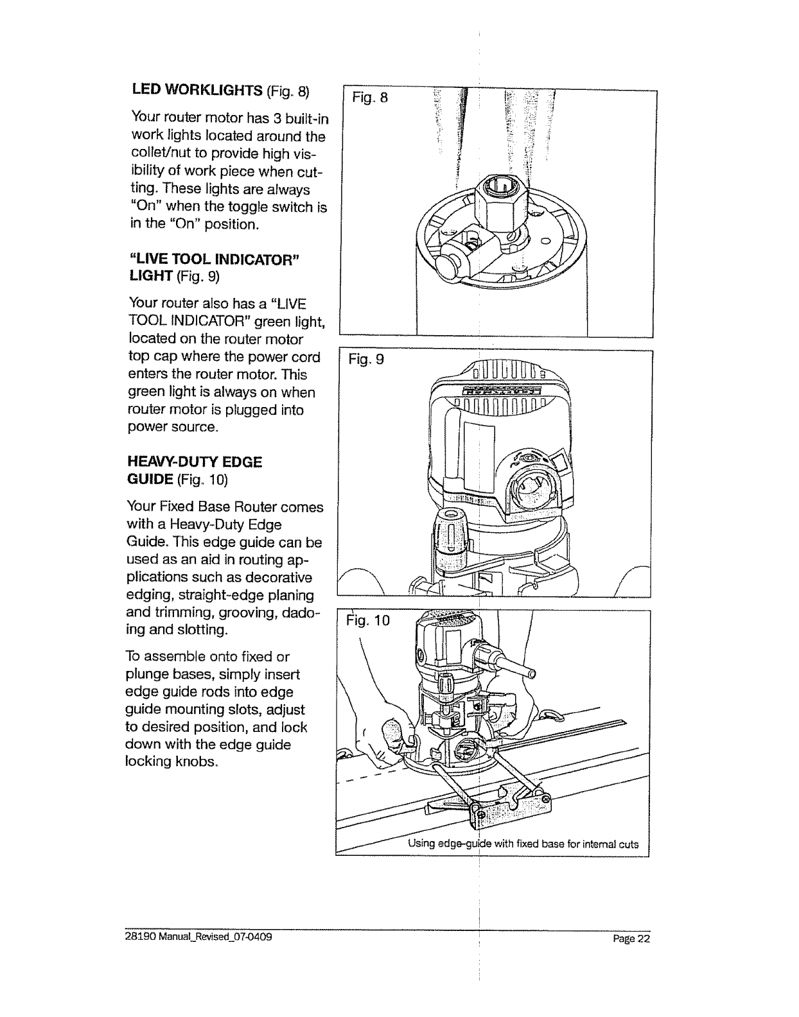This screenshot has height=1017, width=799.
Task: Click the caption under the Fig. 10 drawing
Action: (x=523, y=844)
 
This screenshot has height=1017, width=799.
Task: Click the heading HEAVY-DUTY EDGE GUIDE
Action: (x=196, y=471)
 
